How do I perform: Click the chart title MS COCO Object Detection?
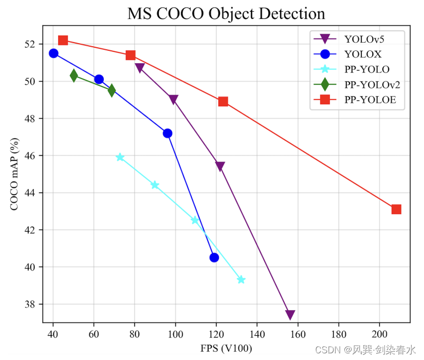click(x=226, y=13)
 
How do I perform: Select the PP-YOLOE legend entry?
click(x=370, y=100)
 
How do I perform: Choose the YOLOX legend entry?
click(x=363, y=54)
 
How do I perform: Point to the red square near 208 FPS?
click(x=396, y=209)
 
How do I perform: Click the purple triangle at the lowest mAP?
click(x=290, y=315)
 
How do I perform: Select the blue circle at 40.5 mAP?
click(x=214, y=257)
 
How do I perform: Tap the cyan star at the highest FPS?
click(x=241, y=279)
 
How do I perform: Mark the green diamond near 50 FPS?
click(x=74, y=75)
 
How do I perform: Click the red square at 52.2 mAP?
click(x=63, y=40)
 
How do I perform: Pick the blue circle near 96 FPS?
click(x=168, y=133)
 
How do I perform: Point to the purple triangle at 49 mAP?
click(x=173, y=100)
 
